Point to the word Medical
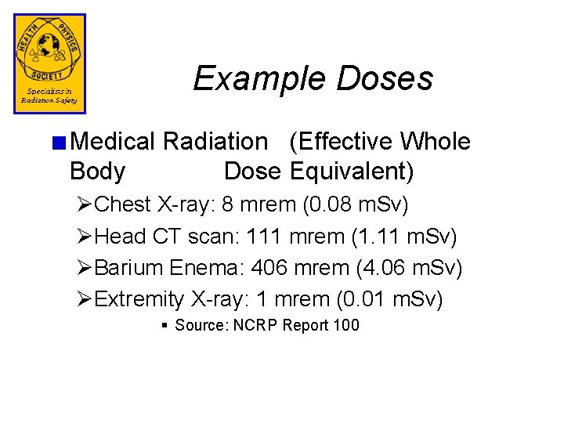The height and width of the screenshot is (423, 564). [x=113, y=142]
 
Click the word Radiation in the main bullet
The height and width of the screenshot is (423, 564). [x=215, y=142]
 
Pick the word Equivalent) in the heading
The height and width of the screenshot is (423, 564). [x=352, y=171]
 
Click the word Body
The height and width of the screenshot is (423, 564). [x=97, y=171]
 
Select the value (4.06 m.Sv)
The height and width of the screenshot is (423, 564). [x=409, y=268]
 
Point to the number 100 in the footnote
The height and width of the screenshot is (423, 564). [x=345, y=325]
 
